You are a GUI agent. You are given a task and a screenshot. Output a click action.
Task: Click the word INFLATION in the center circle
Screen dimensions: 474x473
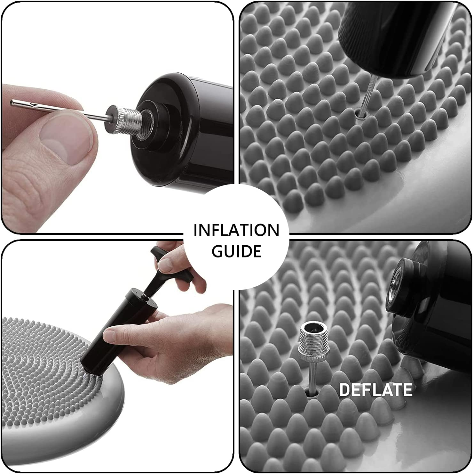click(236, 230)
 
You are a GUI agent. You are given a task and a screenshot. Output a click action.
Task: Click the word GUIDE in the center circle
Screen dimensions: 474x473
click(236, 251)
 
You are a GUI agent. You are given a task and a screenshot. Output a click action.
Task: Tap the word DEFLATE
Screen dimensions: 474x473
click(375, 390)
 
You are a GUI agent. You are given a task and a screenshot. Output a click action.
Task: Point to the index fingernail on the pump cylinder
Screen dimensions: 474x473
click(110, 335)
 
